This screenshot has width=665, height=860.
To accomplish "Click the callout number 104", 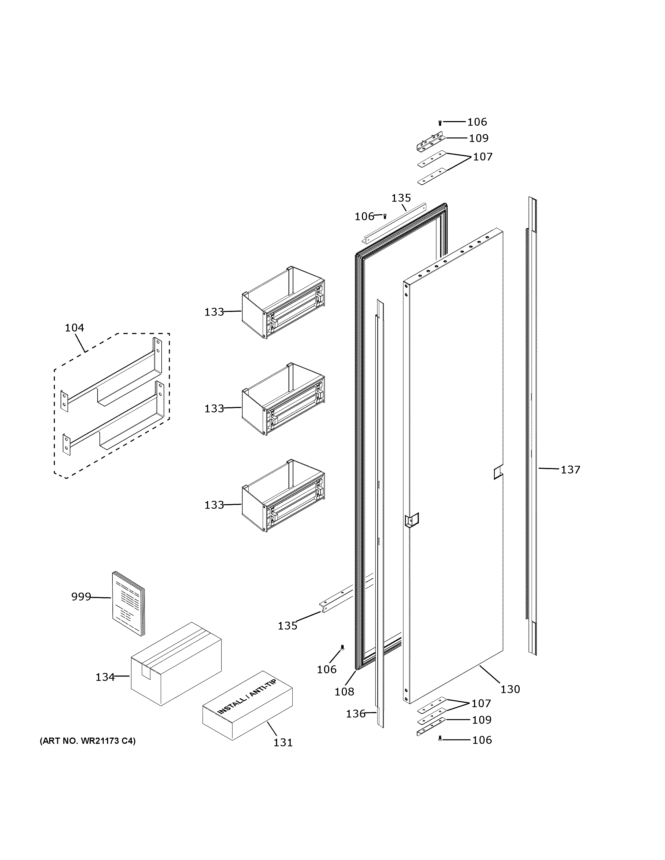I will pyautogui.click(x=74, y=328).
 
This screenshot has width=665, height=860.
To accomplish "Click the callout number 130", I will pyautogui.click(x=510, y=689).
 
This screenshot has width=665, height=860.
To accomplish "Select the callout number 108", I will pyautogui.click(x=344, y=691).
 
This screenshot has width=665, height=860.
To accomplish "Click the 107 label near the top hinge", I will pyautogui.click(x=483, y=157).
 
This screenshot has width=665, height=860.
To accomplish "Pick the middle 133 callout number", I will pyautogui.click(x=214, y=409).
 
